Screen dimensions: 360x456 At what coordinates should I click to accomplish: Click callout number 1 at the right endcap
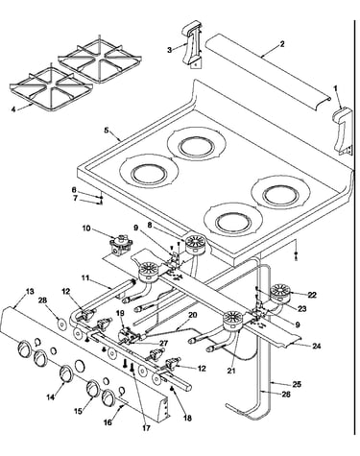[x=335, y=87]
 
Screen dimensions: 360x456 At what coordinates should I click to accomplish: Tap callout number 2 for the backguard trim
[x=282, y=43]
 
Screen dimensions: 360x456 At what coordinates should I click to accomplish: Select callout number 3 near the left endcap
[x=169, y=50]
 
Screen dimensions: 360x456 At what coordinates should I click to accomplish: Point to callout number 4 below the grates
[x=13, y=109]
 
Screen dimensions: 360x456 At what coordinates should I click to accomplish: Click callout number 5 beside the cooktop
[x=107, y=131]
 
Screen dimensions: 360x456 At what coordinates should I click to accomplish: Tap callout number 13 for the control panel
[x=30, y=292]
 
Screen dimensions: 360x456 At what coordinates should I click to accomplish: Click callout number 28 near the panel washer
[x=42, y=300]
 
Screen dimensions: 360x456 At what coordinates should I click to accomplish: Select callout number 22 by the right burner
[x=312, y=295]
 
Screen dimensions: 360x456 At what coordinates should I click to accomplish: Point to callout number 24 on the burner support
[x=317, y=346]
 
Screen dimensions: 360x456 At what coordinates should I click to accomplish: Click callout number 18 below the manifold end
[x=187, y=418]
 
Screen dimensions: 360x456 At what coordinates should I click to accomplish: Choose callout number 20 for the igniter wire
[x=193, y=315]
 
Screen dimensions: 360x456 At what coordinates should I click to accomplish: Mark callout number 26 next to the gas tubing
[x=286, y=395]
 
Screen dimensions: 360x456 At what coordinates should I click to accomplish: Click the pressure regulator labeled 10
[x=120, y=246]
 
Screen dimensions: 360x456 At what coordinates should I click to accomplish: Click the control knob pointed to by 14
[x=65, y=373]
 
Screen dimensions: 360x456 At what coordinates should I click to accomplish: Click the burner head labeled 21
[x=234, y=321]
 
